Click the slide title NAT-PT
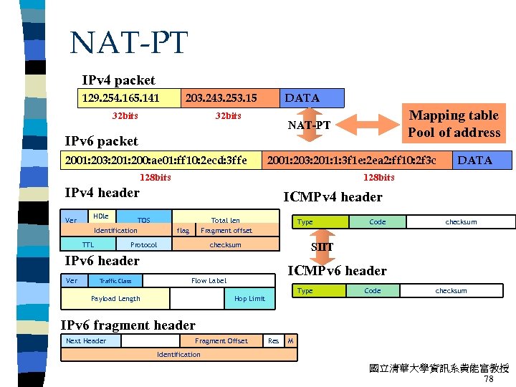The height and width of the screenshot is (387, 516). [128, 43]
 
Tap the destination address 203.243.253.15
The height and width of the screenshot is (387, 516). [221, 97]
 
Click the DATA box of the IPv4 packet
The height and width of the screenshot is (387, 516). [302, 97]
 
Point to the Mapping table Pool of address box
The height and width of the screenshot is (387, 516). [454, 124]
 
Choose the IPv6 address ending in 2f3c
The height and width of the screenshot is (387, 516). [351, 160]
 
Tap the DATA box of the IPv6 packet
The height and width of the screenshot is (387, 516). [474, 160]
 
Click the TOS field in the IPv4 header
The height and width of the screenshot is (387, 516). [144, 220]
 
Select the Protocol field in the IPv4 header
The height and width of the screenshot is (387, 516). [143, 244]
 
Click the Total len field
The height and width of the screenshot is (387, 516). [226, 220]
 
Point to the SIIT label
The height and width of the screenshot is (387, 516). [322, 247]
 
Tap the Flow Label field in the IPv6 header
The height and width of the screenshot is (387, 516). [209, 281]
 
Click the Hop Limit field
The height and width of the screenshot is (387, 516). [249, 298]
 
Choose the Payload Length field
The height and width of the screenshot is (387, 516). [116, 298]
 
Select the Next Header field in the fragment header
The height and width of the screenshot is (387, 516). [86, 341]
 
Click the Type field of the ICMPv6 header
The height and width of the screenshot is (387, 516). [305, 291]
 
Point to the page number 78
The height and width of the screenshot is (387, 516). [489, 379]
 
